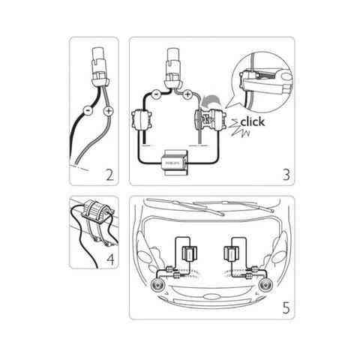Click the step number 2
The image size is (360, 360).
[109, 176]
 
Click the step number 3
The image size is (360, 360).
[284, 176]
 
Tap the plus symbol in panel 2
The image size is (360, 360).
[109, 111]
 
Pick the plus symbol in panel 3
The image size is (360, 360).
[187, 96]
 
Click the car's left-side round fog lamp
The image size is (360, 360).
[159, 286]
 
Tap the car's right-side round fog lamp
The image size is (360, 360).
[265, 286]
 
